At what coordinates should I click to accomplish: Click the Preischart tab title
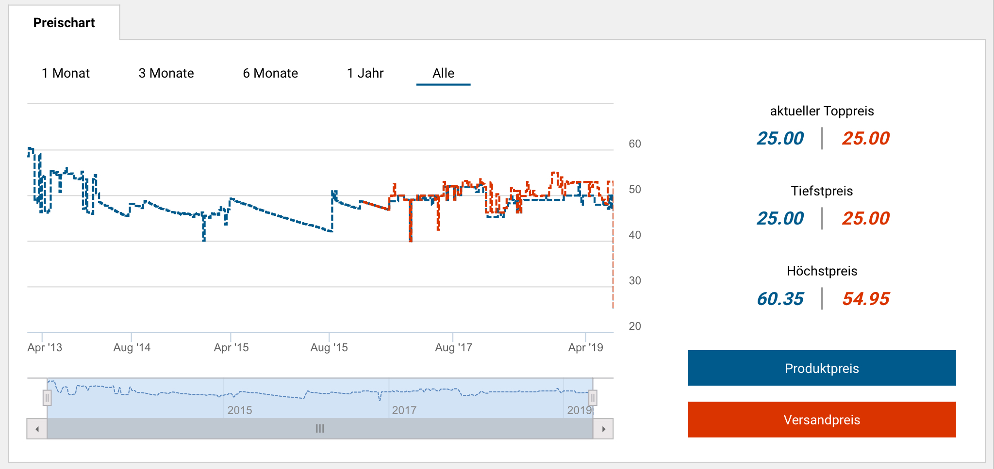click(x=64, y=23)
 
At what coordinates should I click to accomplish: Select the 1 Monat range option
click(x=66, y=73)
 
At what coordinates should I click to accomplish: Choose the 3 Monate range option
click(x=166, y=73)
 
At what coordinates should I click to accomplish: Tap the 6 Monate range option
click(x=270, y=73)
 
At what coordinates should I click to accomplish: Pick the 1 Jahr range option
click(x=365, y=73)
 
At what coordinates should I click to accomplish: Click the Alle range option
click(x=443, y=73)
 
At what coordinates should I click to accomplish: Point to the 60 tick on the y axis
click(x=634, y=144)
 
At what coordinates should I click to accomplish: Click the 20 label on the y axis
click(x=634, y=326)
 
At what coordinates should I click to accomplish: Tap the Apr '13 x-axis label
click(x=45, y=347)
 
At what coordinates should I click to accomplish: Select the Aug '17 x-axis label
click(x=453, y=347)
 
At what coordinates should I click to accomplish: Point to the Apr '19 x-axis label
click(x=585, y=347)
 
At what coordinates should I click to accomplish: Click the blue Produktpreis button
click(x=822, y=368)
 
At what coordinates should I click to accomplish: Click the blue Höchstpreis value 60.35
click(x=780, y=299)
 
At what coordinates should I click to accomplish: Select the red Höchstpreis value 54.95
click(x=866, y=299)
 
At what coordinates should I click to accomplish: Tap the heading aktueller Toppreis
click(x=822, y=111)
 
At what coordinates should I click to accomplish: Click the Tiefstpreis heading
click(x=822, y=191)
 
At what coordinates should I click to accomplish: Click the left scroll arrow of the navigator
click(x=37, y=429)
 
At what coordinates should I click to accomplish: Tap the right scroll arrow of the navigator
click(x=603, y=429)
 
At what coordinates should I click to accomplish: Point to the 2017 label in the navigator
click(x=404, y=410)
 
